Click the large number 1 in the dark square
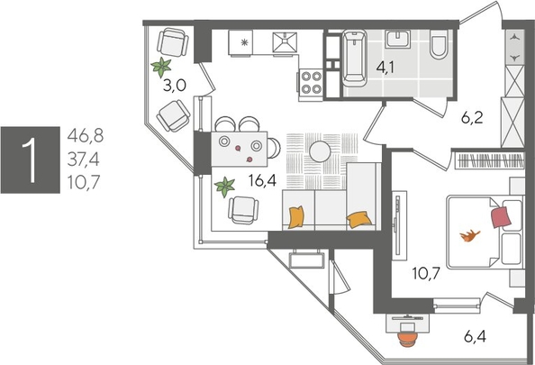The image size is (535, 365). (31, 160)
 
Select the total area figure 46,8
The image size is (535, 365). (86, 135)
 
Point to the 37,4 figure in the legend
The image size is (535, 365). (84, 160)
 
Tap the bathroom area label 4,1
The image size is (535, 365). (385, 68)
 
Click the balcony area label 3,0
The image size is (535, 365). (175, 86)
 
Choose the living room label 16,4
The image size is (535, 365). (262, 180)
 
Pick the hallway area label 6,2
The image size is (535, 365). (472, 118)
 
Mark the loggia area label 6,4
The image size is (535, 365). (475, 337)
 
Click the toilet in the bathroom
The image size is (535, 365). (439, 44)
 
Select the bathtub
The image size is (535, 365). (354, 58)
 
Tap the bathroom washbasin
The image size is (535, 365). (397, 39)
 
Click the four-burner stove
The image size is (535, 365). (311, 82)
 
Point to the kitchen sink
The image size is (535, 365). (285, 42)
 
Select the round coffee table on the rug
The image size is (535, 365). (320, 151)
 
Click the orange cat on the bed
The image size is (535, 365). (470, 235)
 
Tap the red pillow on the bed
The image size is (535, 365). (501, 217)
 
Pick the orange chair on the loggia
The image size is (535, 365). (407, 340)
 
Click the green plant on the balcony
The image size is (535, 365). (161, 67)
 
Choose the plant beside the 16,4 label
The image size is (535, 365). (225, 187)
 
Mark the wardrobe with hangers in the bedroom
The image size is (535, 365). (490, 160)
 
